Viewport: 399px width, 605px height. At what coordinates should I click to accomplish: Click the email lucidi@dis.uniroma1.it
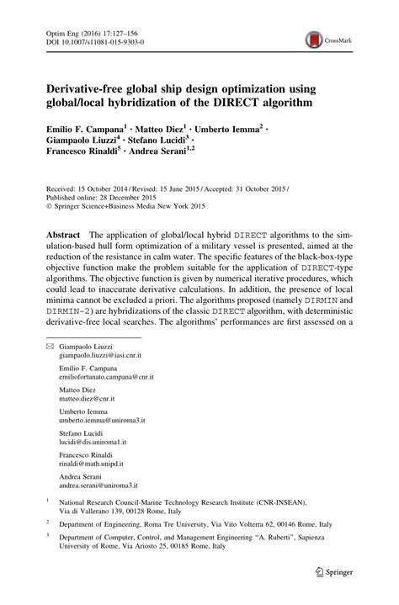tap(91, 442)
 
